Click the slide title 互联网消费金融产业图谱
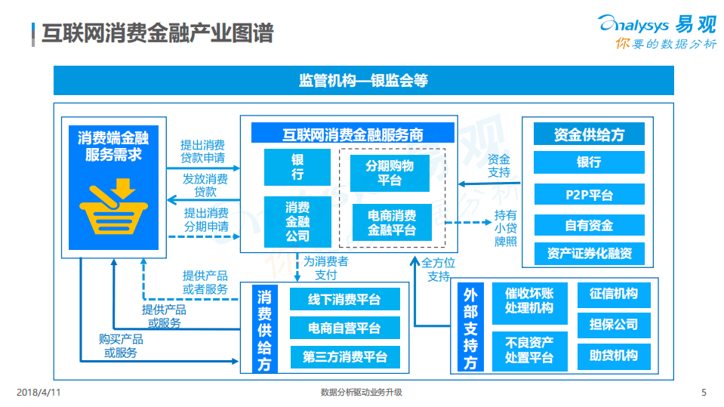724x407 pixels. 156,34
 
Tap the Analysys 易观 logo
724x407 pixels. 656,32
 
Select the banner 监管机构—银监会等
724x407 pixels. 363,80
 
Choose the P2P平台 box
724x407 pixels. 589,194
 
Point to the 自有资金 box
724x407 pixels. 589,224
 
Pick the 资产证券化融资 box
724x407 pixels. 589,254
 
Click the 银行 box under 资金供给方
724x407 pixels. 589,162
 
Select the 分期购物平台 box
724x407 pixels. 390,173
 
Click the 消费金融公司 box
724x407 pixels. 297,221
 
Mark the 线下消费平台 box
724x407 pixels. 344,300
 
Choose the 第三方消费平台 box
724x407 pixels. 344,357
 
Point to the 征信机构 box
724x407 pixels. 613,294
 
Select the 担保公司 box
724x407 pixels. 613,325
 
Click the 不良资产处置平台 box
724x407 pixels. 528,350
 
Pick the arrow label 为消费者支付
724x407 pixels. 325,268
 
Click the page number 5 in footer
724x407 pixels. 704,392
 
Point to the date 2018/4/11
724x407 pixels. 38,392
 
